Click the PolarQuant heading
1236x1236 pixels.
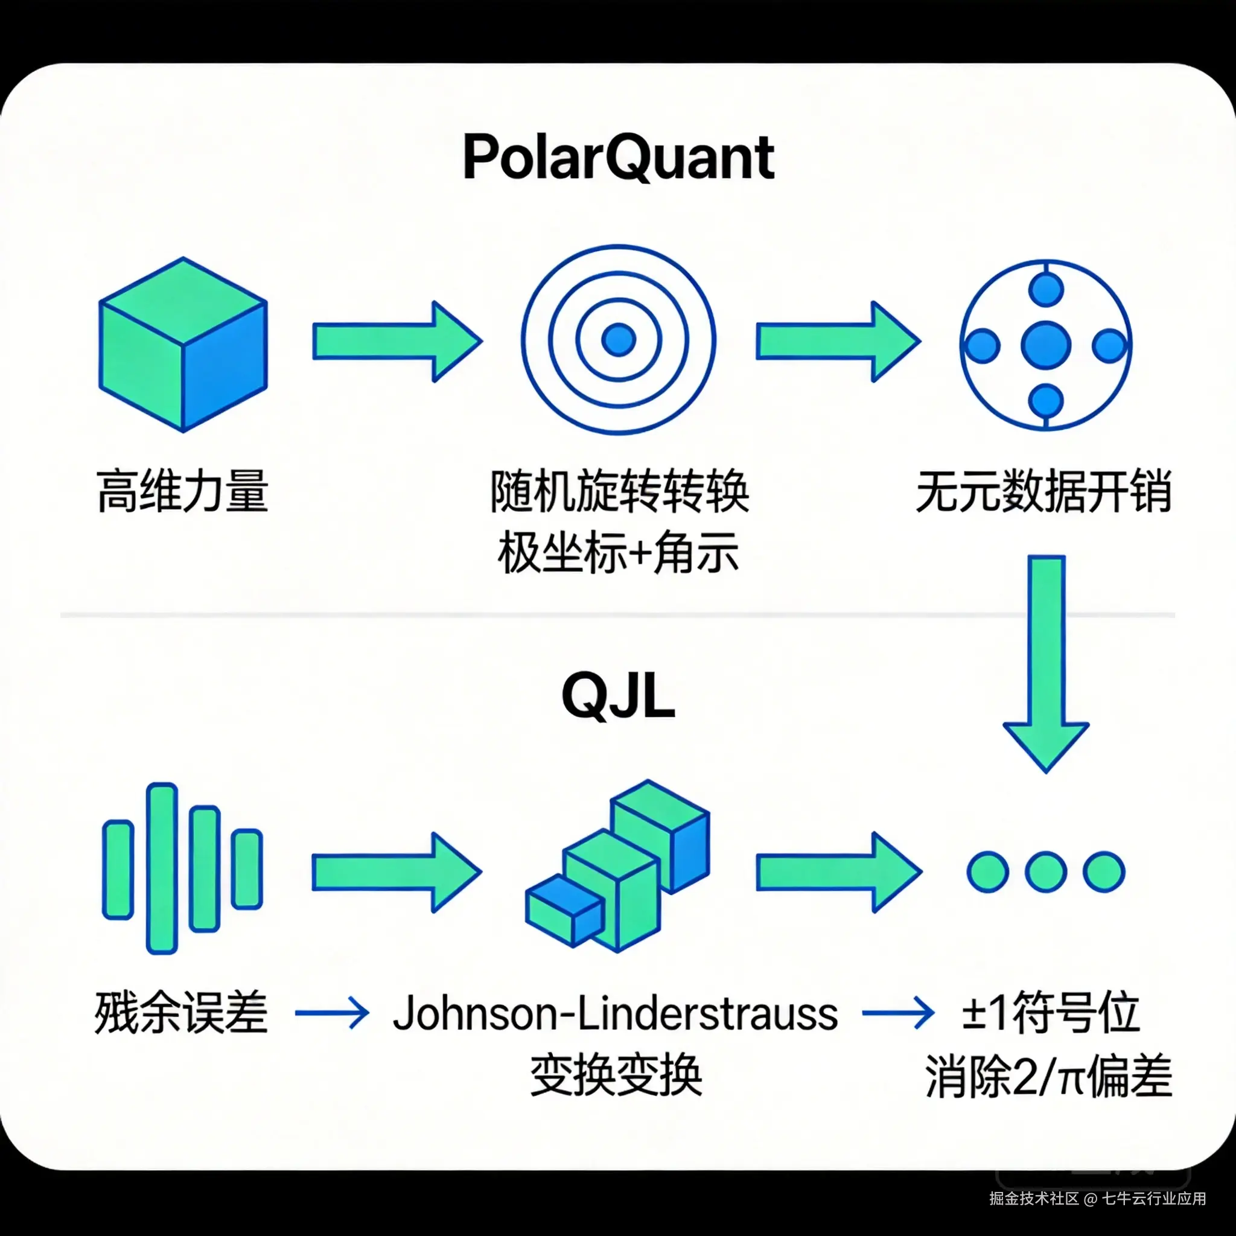[x=618, y=158]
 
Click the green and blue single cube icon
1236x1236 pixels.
[x=183, y=344]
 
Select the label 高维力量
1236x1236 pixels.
[x=183, y=491]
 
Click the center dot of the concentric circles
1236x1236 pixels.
[x=618, y=339]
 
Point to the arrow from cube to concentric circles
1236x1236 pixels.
[x=397, y=342]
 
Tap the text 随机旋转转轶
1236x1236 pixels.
[x=619, y=491]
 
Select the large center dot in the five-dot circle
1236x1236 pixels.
[x=1045, y=345]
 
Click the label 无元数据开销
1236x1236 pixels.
[x=1044, y=491]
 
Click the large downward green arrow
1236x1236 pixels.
[x=1045, y=665]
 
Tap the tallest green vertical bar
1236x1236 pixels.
[x=161, y=868]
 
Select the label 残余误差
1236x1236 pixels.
[x=182, y=1013]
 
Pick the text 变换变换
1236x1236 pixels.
[x=617, y=1075]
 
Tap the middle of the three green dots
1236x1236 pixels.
[x=1045, y=871]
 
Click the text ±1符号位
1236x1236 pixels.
[x=1051, y=1013]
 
